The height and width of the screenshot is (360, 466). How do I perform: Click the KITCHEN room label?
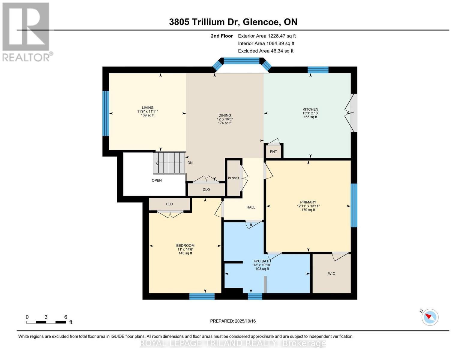[x=310, y=109]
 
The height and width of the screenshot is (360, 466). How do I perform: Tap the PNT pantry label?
[x=273, y=152]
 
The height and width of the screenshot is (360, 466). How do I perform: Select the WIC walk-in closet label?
[x=331, y=274]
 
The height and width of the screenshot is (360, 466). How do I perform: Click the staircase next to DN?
[x=169, y=163]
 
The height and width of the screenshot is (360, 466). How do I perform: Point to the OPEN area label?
[x=157, y=181]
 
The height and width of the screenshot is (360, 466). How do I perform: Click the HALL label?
[x=251, y=207]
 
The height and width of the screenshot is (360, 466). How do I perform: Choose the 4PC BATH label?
[x=262, y=261]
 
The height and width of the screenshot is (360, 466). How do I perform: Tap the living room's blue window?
[x=105, y=113]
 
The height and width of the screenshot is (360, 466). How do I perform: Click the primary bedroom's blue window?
[x=354, y=205]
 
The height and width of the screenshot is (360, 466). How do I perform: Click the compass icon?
[x=430, y=317]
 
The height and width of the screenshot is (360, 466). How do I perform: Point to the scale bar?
[x=46, y=322]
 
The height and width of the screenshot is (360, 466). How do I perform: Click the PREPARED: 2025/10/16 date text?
[x=233, y=321]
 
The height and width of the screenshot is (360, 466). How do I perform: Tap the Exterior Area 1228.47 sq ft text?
[x=267, y=36]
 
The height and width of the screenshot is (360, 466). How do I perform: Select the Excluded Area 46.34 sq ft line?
[x=266, y=51]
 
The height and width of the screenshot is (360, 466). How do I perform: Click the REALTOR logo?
[x=26, y=31]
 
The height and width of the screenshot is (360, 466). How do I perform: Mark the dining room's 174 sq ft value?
[x=225, y=123]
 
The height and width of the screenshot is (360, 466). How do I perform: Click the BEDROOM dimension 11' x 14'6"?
[x=185, y=249]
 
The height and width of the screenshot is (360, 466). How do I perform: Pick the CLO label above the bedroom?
[x=169, y=204]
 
